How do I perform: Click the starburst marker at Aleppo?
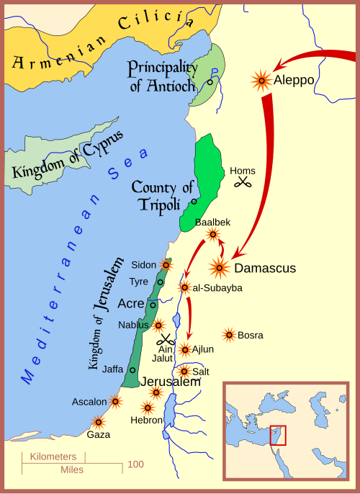coord(261,80)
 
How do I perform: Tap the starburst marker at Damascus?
coord(220,268)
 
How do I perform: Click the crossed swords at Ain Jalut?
coord(167,340)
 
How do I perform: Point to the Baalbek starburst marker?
coord(212,234)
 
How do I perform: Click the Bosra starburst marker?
coord(229,334)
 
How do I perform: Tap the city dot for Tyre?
coord(160,282)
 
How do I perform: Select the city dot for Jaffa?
coord(132,370)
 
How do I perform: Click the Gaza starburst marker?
coord(98,422)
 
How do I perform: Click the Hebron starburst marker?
coord(148,408)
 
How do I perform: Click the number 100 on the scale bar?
coord(135,464)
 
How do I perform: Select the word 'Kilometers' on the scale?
coord(53,457)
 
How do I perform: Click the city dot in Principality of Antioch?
coord(210,82)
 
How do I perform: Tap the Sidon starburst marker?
coord(166,265)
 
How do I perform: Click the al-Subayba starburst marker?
coord(184,287)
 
